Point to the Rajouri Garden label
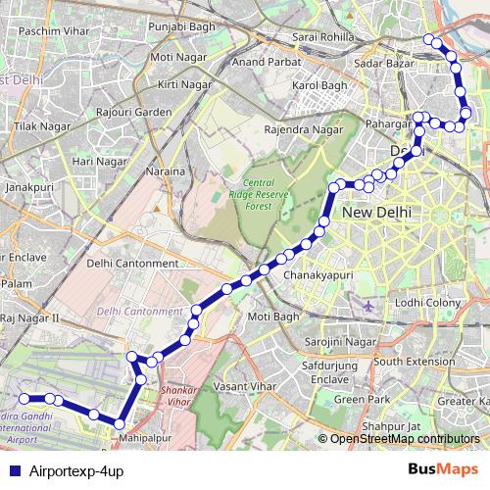click(x=139, y=112)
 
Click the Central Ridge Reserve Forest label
click(x=259, y=193)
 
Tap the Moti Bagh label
click(x=272, y=317)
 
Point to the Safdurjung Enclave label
click(x=323, y=372)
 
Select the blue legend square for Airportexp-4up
click(x=14, y=471)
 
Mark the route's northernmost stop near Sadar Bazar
click(x=428, y=39)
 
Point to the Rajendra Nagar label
click(x=305, y=129)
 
